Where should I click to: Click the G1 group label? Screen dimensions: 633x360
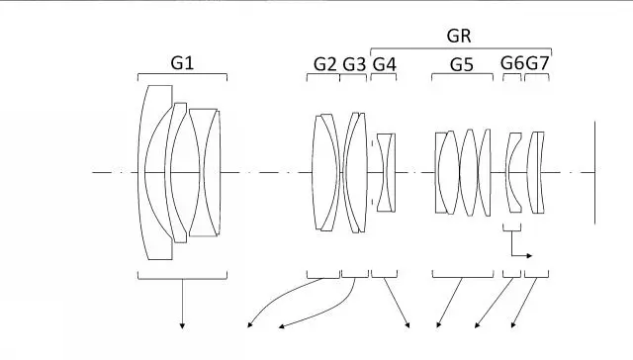[x=182, y=63]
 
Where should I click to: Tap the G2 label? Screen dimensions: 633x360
[x=325, y=64]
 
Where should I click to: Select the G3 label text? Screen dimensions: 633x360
[x=354, y=64]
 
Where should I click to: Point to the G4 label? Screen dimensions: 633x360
[x=385, y=64]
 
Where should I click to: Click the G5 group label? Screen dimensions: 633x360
[x=462, y=64]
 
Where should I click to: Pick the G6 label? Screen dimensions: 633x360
[x=512, y=63]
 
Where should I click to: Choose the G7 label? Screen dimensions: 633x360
[x=537, y=63]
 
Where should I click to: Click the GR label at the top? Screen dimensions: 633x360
[x=459, y=36]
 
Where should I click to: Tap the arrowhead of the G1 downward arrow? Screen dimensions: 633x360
[x=182, y=325]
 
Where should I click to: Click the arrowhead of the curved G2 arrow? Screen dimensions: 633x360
[x=250, y=324]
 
